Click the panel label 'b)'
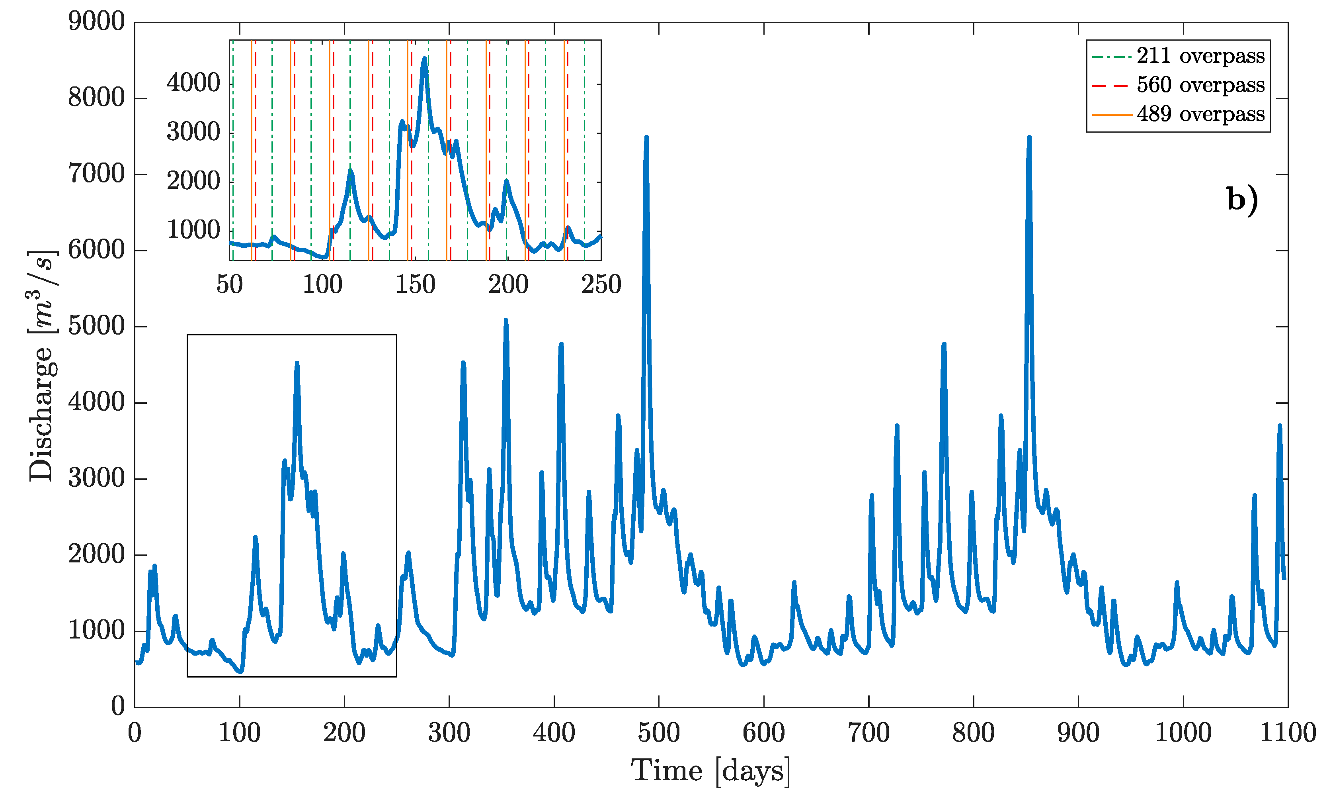[x=1241, y=199]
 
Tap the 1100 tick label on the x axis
[x=1287, y=733]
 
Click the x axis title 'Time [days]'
[x=710, y=771]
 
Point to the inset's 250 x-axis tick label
[x=601, y=284]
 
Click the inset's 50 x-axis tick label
[x=230, y=284]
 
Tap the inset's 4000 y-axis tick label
[x=193, y=84]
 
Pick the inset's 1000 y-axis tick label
[x=193, y=231]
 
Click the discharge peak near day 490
[x=646, y=137]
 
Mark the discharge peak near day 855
[x=1029, y=137]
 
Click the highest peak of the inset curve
[x=424, y=58]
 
